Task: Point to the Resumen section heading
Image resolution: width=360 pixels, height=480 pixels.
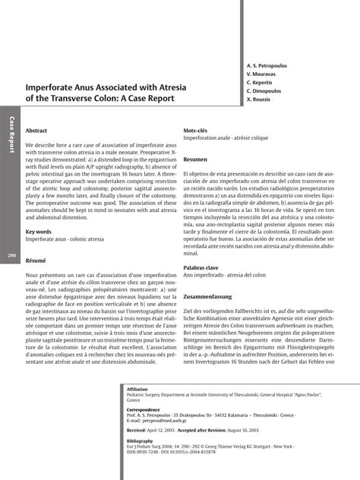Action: coord(195,159)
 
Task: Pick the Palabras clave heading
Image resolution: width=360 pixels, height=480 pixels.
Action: coord(201,268)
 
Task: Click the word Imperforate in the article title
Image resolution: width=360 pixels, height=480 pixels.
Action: coord(51,87)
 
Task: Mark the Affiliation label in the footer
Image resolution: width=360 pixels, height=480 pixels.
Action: coord(137,389)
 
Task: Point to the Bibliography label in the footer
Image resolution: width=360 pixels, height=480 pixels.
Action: coord(140,441)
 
